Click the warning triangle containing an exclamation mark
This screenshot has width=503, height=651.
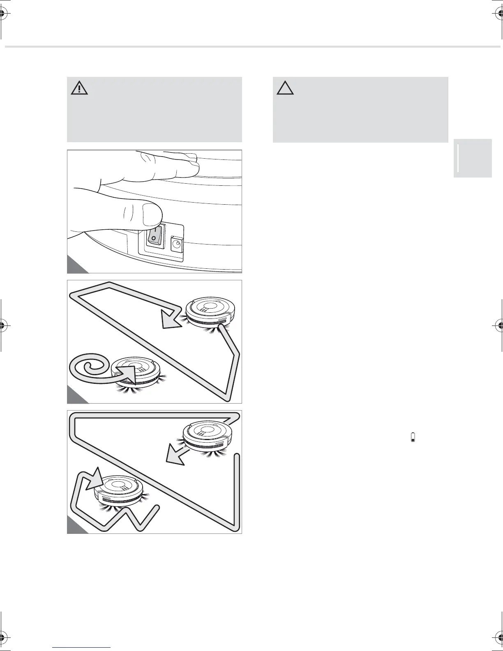tap(79, 88)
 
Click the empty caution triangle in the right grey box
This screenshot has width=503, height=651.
tap(285, 88)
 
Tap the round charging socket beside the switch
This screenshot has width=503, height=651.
tap(178, 244)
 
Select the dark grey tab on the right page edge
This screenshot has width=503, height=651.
tap(473, 158)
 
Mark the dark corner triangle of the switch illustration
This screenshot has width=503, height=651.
tap(74, 267)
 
